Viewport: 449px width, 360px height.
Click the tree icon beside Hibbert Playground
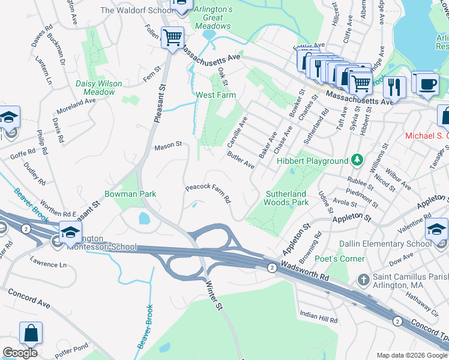tap(357, 160)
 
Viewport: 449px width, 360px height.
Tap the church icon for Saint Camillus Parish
tap(363, 280)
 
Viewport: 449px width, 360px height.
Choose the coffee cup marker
tap(426, 83)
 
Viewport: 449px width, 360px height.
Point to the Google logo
tap(20, 353)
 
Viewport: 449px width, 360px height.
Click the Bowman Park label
tap(130, 194)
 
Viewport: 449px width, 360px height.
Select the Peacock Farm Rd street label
tap(208, 194)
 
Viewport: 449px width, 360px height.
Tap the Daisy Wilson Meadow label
tap(99, 88)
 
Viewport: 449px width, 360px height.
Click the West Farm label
tap(215, 95)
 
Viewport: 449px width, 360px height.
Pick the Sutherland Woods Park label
tap(287, 198)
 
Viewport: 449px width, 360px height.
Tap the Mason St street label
tap(167, 145)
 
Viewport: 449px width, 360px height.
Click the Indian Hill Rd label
tap(319, 316)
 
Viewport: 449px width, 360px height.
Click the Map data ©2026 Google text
tap(411, 355)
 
